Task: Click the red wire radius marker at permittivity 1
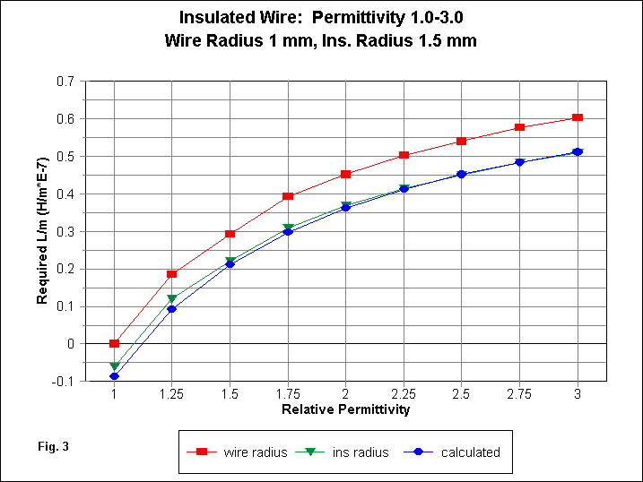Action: click(x=114, y=343)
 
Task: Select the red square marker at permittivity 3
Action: click(x=578, y=117)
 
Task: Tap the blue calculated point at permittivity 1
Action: click(x=114, y=376)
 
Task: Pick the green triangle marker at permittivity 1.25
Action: click(x=172, y=298)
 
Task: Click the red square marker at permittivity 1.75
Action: click(x=288, y=196)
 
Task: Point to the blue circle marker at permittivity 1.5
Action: click(x=230, y=264)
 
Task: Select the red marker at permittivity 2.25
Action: click(x=404, y=155)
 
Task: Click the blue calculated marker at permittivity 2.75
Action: click(x=519, y=162)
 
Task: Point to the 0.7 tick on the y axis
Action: click(x=65, y=81)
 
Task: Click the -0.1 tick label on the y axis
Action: click(x=64, y=381)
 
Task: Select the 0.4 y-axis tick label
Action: click(x=65, y=194)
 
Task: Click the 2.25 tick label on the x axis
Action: click(x=404, y=394)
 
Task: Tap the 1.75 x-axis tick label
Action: click(x=288, y=394)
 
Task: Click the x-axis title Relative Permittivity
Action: click(x=345, y=409)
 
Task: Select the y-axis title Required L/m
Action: click(x=42, y=231)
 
